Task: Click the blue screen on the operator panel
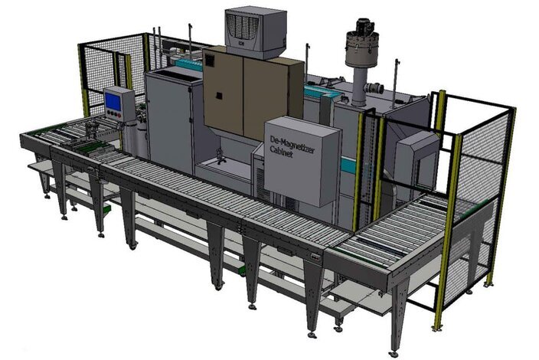113,101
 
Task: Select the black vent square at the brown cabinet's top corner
209,61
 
